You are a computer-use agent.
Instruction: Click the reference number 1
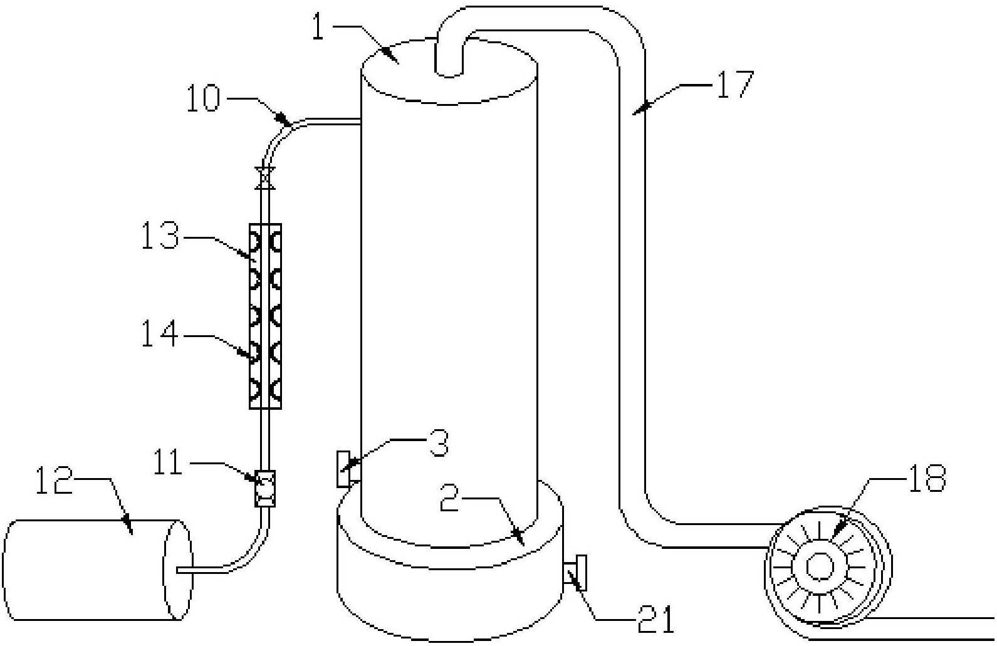point(318,26)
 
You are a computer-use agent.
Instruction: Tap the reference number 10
point(204,99)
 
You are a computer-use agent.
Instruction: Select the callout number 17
point(735,84)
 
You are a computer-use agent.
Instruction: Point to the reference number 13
point(160,236)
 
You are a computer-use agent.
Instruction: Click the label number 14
point(160,334)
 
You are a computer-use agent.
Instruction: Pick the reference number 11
point(168,462)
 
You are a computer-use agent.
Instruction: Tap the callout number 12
point(54,481)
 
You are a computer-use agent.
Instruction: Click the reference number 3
point(439,442)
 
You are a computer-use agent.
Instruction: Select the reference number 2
point(449,498)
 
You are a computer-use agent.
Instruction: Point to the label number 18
point(927,478)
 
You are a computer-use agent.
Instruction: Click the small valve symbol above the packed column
point(265,178)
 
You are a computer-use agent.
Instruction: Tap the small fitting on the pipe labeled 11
point(265,489)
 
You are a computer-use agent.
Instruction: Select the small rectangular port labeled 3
point(343,469)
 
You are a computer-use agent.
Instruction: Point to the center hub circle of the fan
point(820,566)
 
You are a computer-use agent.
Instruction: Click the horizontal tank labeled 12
point(98,570)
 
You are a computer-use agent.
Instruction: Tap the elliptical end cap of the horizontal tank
point(179,570)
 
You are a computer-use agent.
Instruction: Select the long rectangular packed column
point(265,316)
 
